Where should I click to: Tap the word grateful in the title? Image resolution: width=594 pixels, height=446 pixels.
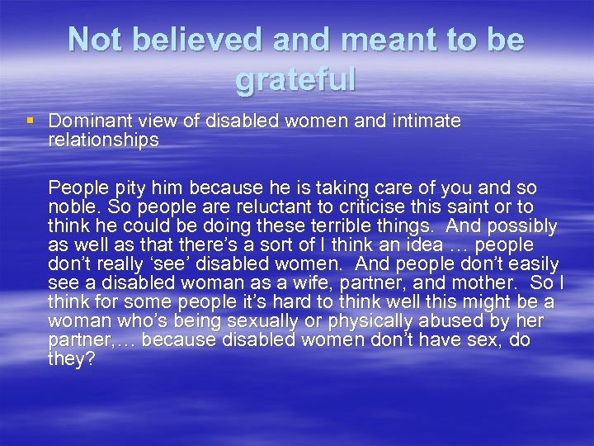(295, 79)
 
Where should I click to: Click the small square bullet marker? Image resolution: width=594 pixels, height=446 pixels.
(31, 121)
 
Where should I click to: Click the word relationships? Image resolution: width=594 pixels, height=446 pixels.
(103, 140)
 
